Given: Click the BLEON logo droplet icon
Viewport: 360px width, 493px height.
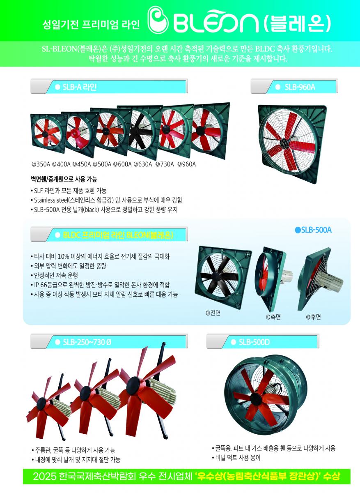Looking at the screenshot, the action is click(158, 20).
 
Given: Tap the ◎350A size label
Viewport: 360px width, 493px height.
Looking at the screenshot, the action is click(41, 164).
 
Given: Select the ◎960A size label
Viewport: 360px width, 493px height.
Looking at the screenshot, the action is click(186, 164).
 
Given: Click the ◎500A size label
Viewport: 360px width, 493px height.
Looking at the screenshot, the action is click(102, 164).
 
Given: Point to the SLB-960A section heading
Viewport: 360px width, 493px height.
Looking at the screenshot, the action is click(300, 88).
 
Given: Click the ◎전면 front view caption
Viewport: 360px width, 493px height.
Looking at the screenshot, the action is click(213, 313).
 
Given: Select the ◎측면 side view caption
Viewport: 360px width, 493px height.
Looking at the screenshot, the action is click(273, 317).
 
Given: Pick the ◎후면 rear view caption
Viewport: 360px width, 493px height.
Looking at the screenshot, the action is click(313, 317).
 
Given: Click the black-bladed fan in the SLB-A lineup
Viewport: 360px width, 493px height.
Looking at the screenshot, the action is click(141, 131).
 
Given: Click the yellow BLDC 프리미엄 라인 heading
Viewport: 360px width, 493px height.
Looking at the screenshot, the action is click(118, 235).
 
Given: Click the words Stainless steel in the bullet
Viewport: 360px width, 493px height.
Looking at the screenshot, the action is click(51, 200).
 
